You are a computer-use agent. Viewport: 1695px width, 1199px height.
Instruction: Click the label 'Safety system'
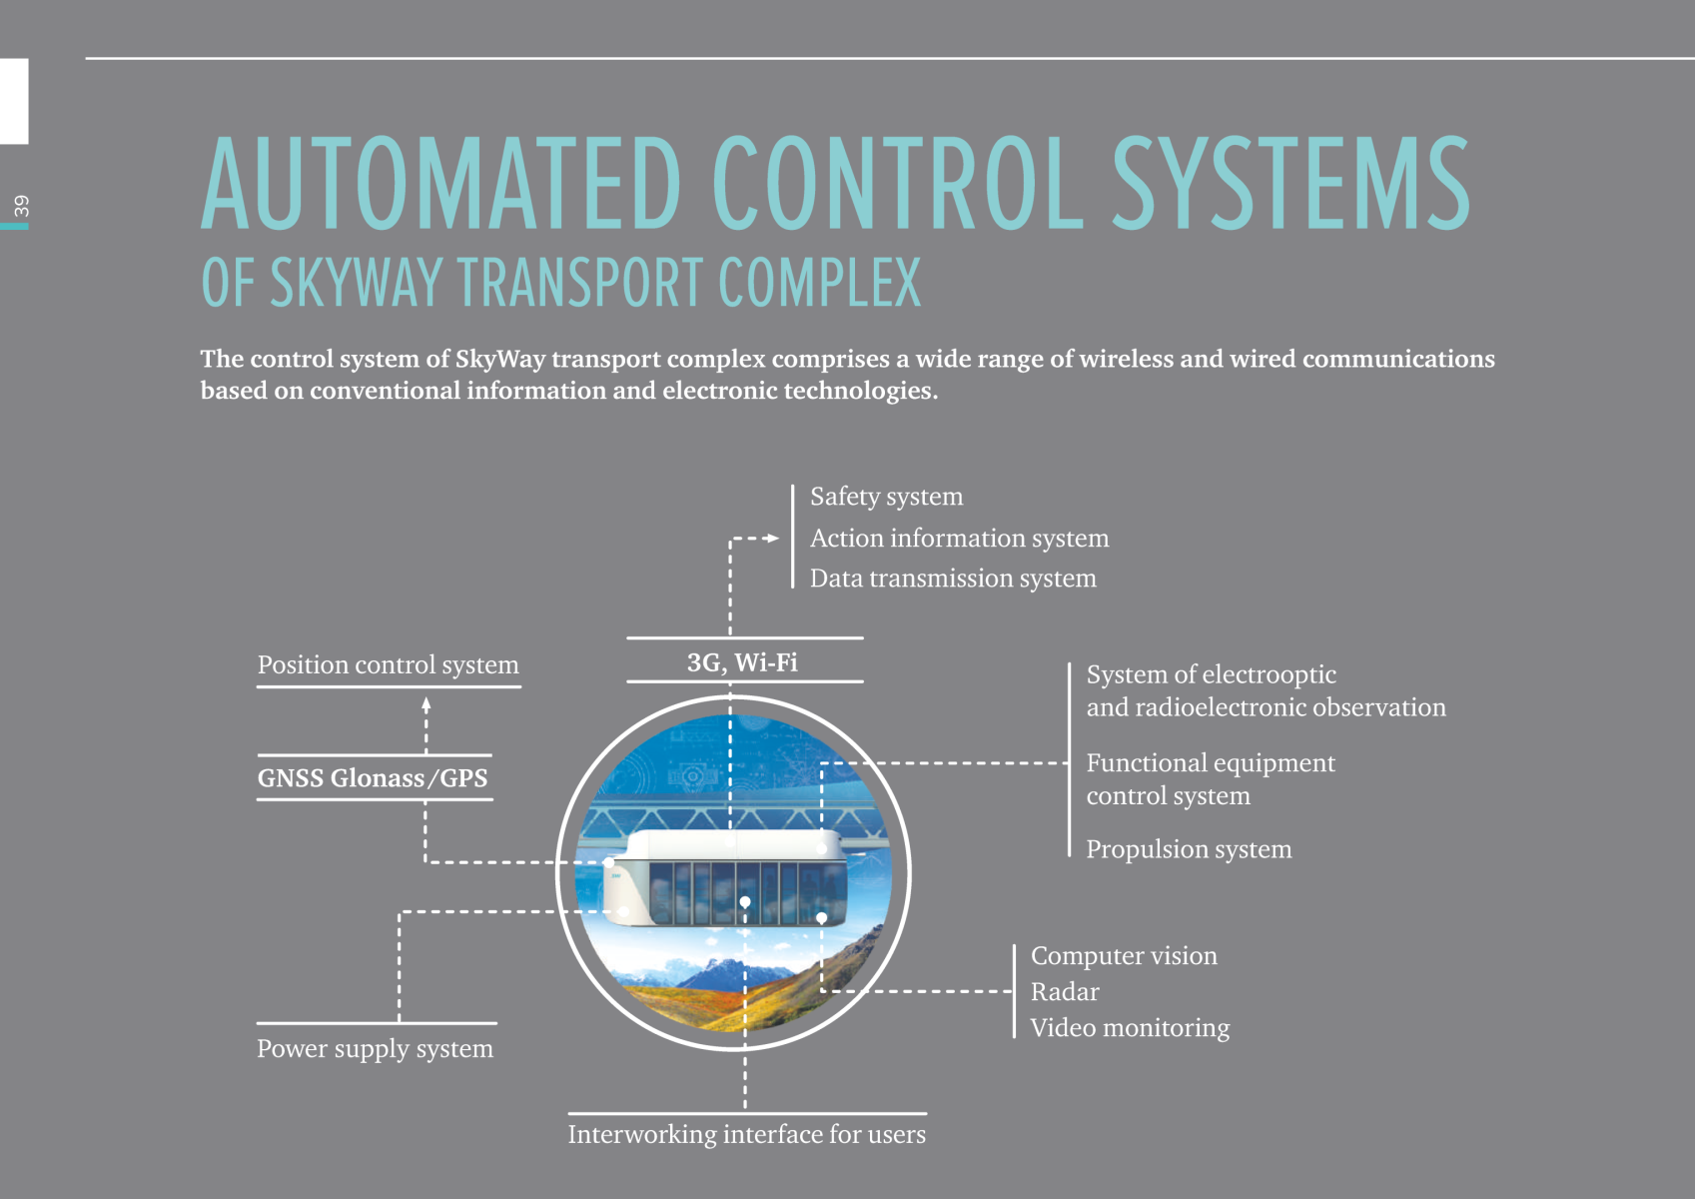(886, 497)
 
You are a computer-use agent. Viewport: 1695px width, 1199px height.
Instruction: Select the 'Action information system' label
(959, 539)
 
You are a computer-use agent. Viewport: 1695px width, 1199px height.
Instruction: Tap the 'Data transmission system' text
(953, 579)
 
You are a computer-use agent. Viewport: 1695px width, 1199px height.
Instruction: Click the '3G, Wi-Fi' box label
(742, 662)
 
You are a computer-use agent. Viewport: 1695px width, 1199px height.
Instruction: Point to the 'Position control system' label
(389, 665)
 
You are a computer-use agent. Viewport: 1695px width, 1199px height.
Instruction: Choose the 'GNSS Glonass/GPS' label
(373, 778)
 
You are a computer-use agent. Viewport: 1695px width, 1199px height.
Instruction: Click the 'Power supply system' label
(375, 1049)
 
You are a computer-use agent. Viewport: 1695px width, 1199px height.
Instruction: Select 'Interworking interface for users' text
(746, 1135)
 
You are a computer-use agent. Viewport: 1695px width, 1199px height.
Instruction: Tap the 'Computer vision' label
(1124, 956)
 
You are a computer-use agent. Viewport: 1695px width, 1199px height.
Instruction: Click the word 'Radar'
(1065, 992)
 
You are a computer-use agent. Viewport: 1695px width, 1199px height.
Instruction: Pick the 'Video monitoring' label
(1130, 1028)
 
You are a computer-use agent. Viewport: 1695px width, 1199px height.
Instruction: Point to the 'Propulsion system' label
(1189, 849)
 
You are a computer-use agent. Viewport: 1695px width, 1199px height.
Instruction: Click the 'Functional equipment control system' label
(1210, 779)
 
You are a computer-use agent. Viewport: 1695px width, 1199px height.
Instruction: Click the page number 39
(21, 206)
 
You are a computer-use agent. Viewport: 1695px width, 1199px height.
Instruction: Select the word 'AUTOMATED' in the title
(440, 185)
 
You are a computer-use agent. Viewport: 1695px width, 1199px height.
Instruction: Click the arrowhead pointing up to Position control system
(426, 703)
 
